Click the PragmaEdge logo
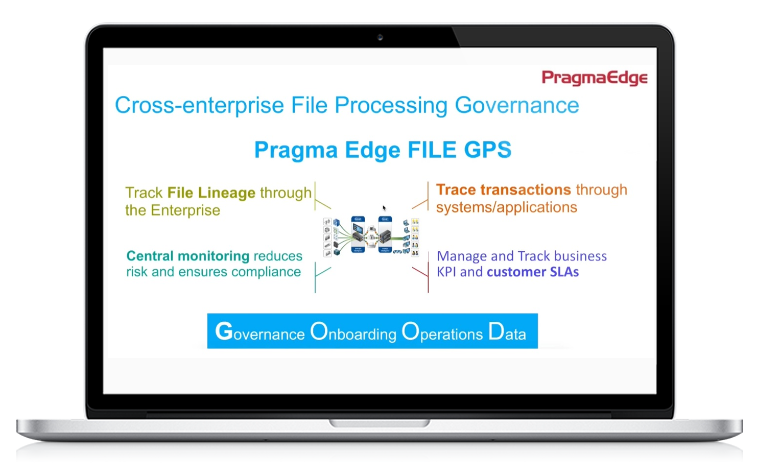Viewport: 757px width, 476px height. point(594,78)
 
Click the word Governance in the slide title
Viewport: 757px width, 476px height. point(516,105)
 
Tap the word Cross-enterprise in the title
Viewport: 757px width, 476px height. point(199,105)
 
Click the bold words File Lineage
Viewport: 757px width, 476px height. point(211,193)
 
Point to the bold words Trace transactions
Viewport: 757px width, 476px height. point(503,189)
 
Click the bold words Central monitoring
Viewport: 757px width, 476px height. point(187,256)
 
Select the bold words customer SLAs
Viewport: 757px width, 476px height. point(532,272)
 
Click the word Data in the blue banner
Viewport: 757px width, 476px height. point(507,332)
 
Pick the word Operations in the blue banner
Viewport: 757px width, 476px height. point(442,332)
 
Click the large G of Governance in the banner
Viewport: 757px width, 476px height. point(224,331)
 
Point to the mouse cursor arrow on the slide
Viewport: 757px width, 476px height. point(384,208)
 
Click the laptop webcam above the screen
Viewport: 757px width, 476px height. point(380,37)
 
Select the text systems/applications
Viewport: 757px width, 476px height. point(506,207)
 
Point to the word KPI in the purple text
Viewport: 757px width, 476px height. point(446,272)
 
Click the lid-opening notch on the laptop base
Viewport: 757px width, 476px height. point(379,423)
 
